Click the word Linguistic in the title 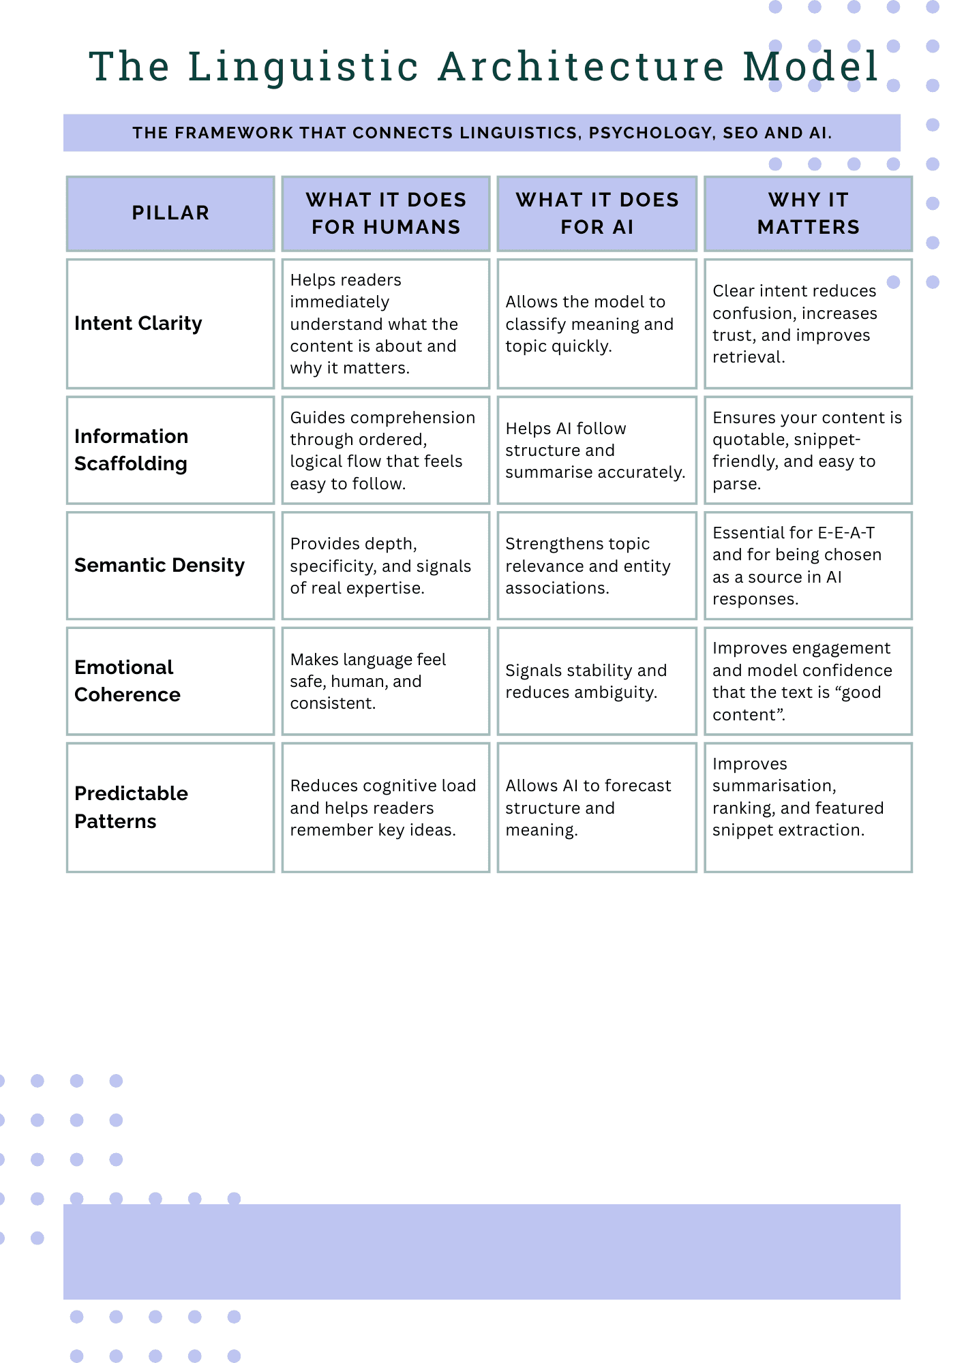coord(303,67)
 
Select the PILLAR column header coord(170,213)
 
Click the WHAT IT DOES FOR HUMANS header coord(386,213)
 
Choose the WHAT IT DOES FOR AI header coord(597,213)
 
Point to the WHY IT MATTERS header coord(809,213)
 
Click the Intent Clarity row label coord(138,323)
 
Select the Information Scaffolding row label coord(131,450)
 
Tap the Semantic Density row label coord(160,565)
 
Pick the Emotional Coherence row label coord(127,681)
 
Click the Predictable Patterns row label coord(131,807)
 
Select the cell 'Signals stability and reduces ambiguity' coord(586,681)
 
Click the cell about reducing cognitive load coord(382,808)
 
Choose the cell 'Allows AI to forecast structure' coord(588,808)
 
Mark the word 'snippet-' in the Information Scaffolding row coord(826,440)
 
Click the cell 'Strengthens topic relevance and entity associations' coord(588,566)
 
